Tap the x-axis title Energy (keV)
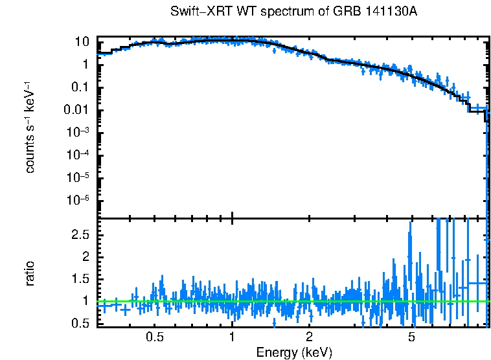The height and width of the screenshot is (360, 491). click(x=294, y=352)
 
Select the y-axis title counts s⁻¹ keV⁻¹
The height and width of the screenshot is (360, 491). click(x=30, y=128)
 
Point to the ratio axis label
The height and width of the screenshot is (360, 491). click(x=30, y=273)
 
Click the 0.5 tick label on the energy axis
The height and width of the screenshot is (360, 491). click(x=154, y=337)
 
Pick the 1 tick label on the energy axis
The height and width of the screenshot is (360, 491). click(x=232, y=337)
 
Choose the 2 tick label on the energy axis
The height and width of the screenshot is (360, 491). click(x=310, y=337)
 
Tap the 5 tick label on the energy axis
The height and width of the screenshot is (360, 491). click(x=411, y=337)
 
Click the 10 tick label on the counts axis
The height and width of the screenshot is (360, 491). click(x=82, y=42)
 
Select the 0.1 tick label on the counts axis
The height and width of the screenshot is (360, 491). click(x=79, y=87)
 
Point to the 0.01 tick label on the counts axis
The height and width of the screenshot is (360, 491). click(x=76, y=110)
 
